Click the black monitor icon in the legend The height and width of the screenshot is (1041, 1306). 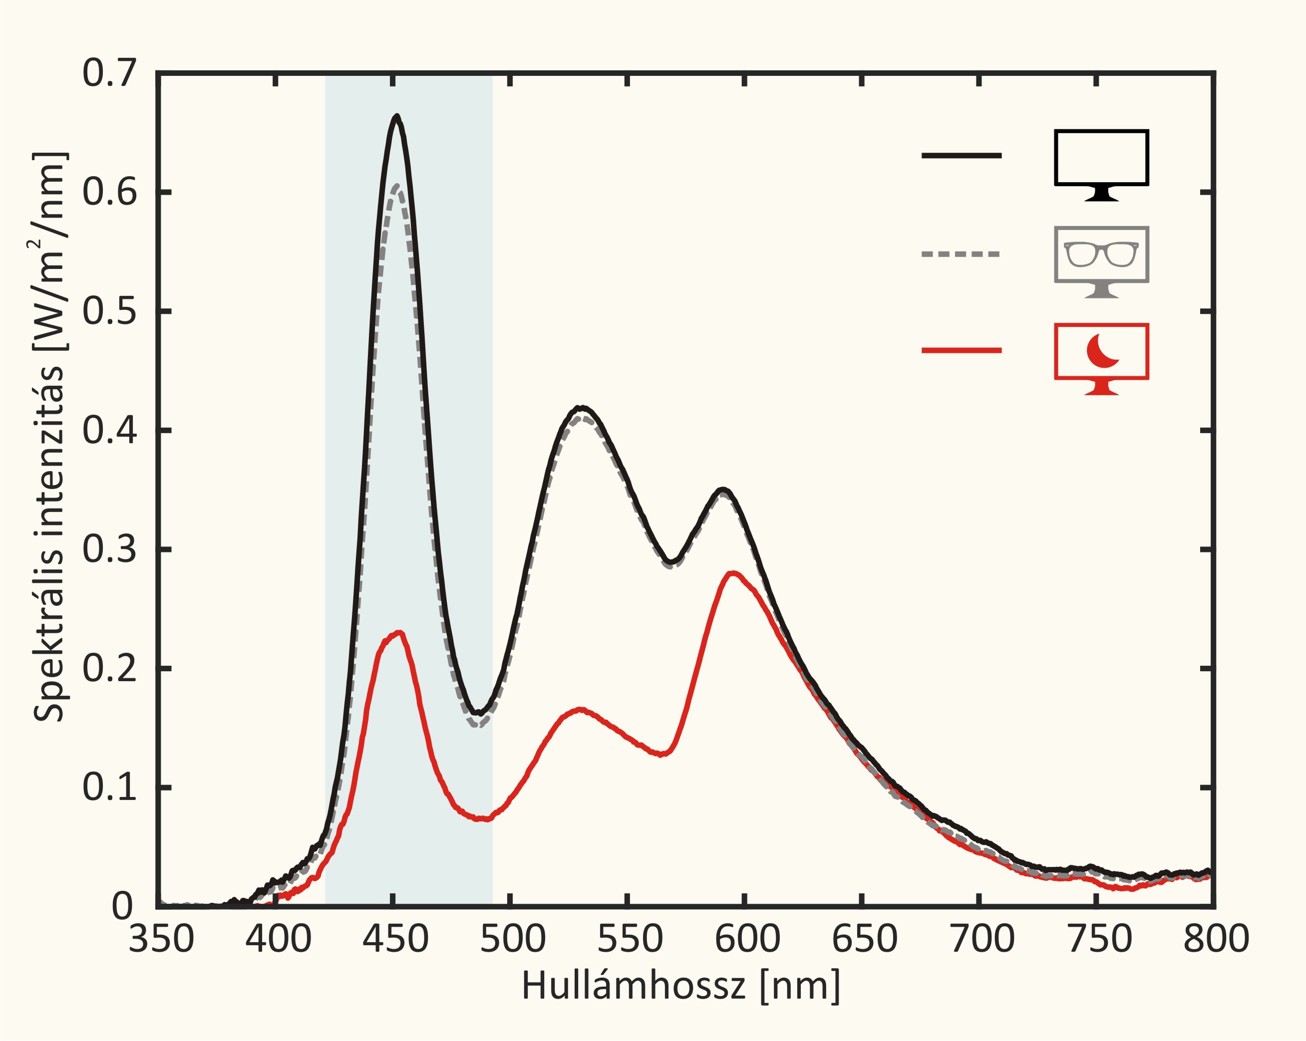(1101, 164)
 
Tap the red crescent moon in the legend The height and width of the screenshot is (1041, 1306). (1101, 351)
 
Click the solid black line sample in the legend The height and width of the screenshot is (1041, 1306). (962, 156)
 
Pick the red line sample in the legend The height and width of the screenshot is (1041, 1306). (962, 350)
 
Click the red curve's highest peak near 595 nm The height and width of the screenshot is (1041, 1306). (733, 572)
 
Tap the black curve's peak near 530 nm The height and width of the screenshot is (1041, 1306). (582, 408)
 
